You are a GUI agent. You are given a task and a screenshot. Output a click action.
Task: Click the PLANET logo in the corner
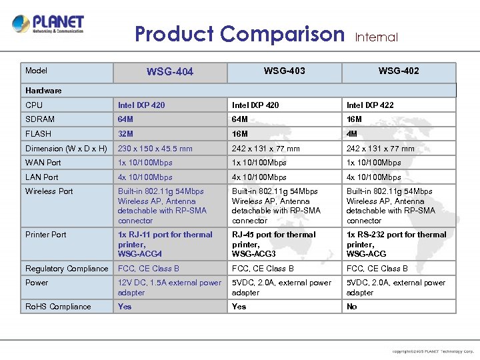coord(48,25)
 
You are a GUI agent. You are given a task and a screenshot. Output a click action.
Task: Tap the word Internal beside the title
coord(377,37)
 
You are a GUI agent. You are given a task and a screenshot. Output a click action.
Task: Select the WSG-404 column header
coord(170,71)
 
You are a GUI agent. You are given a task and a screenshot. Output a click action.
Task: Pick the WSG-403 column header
coord(285,71)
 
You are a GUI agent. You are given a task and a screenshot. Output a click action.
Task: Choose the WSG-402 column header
coord(399,71)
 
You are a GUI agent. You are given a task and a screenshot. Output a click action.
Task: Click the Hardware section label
coord(43,90)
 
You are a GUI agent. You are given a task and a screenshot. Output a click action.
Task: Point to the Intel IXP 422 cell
coord(370,105)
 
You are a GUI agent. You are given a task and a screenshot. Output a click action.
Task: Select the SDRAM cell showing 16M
coord(354,119)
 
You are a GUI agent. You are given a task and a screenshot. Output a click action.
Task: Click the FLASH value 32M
coord(126,133)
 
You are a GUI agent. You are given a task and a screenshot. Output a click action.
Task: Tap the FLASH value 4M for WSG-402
coord(352,133)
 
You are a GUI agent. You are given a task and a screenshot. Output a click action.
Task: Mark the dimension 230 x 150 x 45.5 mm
coord(155,149)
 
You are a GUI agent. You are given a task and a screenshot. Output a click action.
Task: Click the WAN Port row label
coord(43,163)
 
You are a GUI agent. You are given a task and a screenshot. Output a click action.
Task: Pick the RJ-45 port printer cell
coord(274,244)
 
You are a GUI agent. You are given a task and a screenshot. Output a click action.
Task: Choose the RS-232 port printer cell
coord(396,244)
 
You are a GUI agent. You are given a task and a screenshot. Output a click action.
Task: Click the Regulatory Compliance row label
coord(67,269)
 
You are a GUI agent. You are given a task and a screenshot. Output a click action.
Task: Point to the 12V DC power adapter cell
coord(169,287)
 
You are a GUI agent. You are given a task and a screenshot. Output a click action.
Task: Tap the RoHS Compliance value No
coord(352,307)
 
